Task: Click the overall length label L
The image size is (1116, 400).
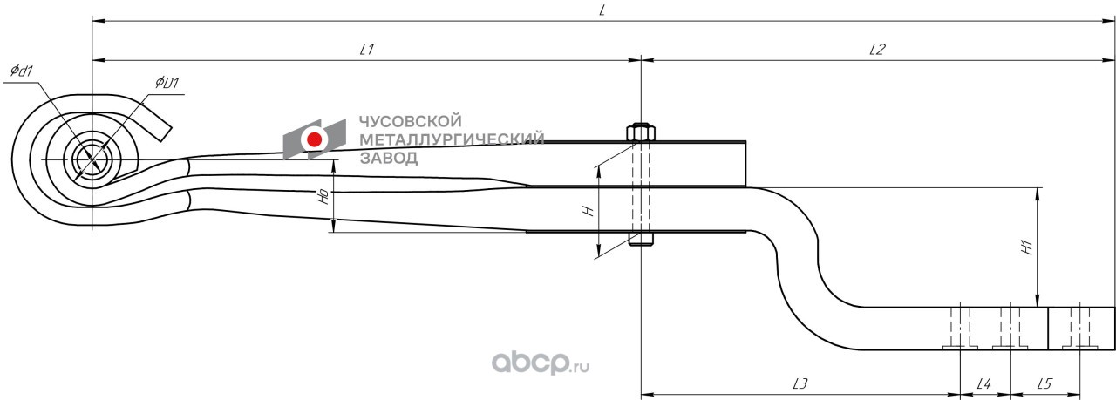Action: pyautogui.click(x=602, y=10)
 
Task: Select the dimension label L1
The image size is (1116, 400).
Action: pyautogui.click(x=366, y=50)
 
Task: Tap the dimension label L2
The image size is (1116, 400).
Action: pyautogui.click(x=877, y=50)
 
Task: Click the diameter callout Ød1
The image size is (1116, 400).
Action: pyautogui.click(x=21, y=71)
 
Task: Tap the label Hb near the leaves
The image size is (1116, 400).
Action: pyautogui.click(x=323, y=197)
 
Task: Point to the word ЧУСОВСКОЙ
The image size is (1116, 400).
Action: pyautogui.click(x=411, y=122)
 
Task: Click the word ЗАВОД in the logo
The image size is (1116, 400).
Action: pyautogui.click(x=389, y=158)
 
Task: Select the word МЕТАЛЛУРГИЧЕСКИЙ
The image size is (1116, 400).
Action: pyautogui.click(x=452, y=139)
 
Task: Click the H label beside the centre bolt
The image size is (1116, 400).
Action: pyautogui.click(x=588, y=210)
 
